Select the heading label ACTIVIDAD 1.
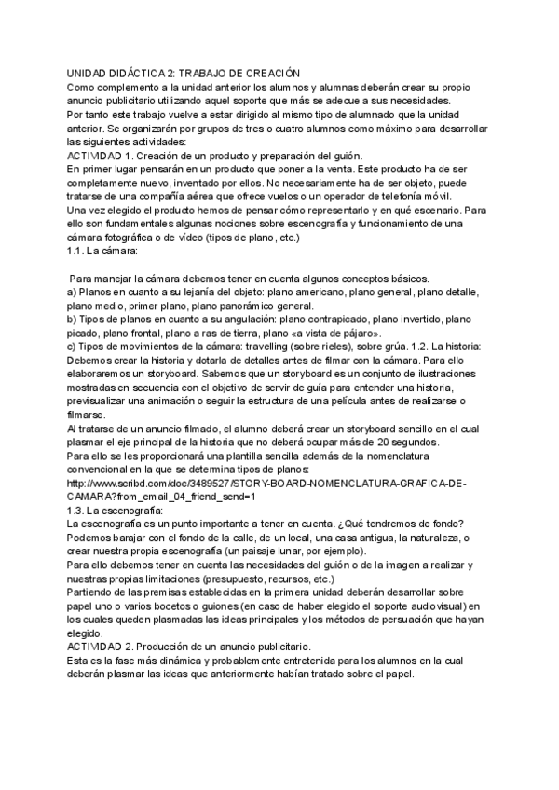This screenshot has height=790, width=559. click(x=101, y=155)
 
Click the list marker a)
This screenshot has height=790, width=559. click(x=74, y=292)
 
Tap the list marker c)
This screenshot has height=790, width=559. click(x=74, y=347)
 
